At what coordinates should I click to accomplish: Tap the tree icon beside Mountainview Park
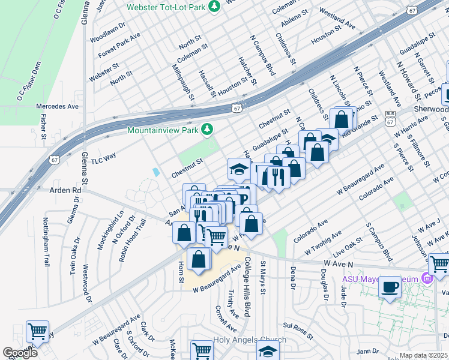point(207,130)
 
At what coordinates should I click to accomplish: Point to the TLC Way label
point(103,160)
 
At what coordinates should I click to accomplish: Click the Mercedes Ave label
point(58,106)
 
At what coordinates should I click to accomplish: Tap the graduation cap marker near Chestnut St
point(239,169)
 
